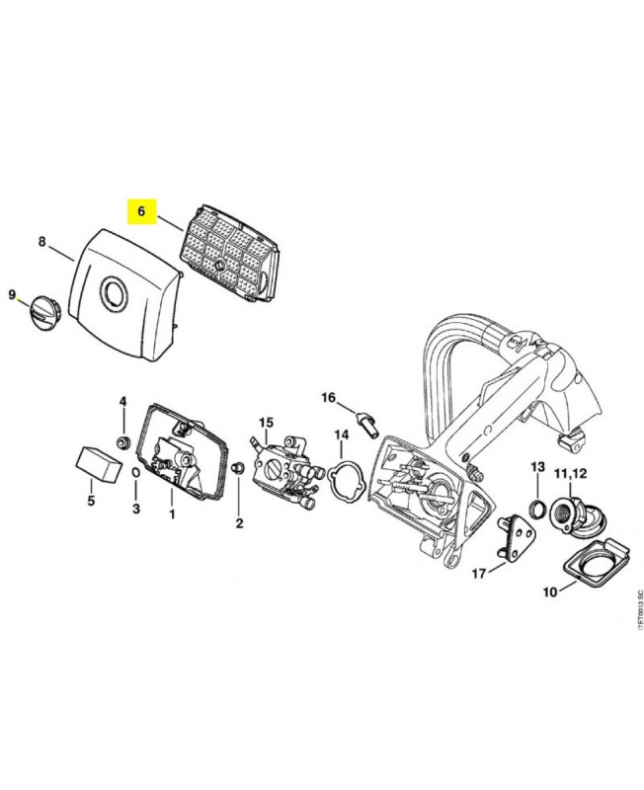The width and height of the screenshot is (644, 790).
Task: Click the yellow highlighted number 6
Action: [x=140, y=211]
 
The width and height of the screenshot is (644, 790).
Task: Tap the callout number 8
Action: [x=41, y=241]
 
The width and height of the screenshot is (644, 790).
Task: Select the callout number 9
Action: [x=13, y=294]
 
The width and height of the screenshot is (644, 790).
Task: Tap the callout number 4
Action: [x=123, y=401]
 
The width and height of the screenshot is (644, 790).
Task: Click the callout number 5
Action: [x=91, y=502]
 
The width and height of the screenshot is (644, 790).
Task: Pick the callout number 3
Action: [x=136, y=509]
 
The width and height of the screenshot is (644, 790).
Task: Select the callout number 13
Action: [x=538, y=466]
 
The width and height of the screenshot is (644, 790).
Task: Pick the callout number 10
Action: [x=549, y=592]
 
